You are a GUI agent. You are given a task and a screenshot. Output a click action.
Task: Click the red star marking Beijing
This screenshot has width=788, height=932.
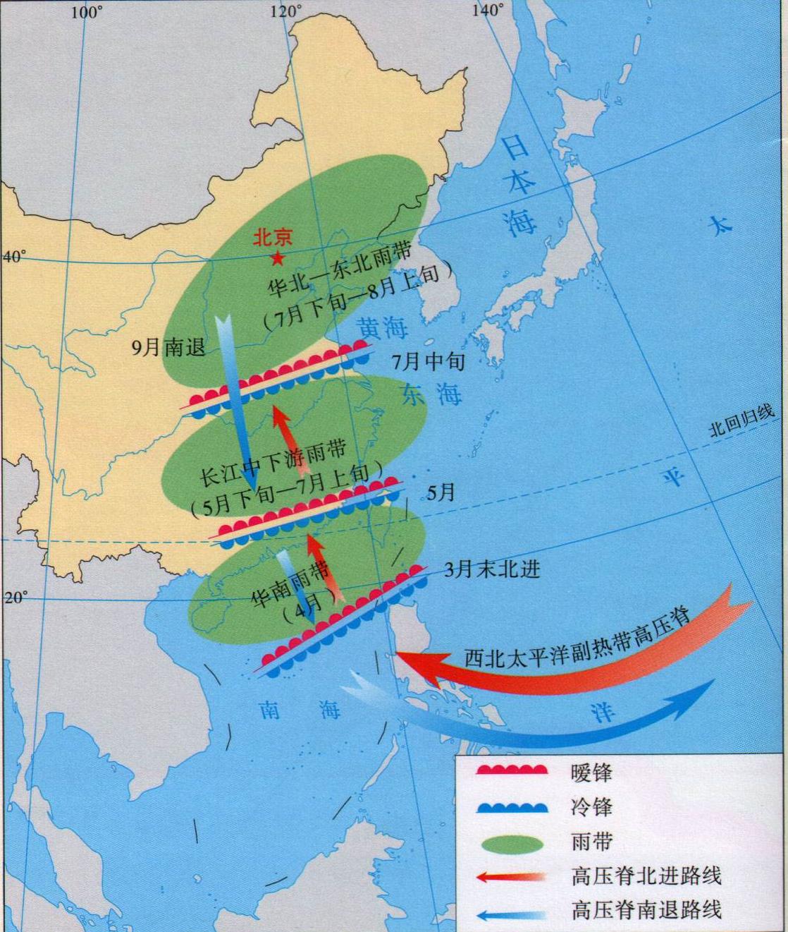(x=278, y=259)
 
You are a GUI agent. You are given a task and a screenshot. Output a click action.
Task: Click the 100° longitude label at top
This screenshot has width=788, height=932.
(x=86, y=12)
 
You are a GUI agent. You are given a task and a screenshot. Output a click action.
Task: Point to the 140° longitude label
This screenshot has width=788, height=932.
(x=488, y=11)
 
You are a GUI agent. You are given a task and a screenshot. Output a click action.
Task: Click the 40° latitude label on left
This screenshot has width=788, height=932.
(x=13, y=256)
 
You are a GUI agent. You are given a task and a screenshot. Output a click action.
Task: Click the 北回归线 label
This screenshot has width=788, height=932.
(x=741, y=420)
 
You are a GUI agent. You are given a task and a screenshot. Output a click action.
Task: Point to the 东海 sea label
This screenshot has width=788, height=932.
(x=431, y=394)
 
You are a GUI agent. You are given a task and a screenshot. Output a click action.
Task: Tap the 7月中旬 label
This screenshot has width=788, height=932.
(x=429, y=362)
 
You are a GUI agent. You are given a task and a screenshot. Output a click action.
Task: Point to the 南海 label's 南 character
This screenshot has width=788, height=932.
(x=269, y=709)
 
